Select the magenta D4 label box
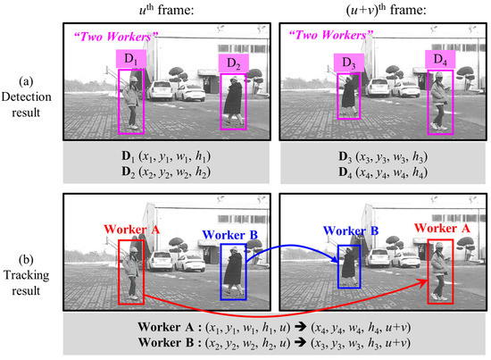438,59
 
